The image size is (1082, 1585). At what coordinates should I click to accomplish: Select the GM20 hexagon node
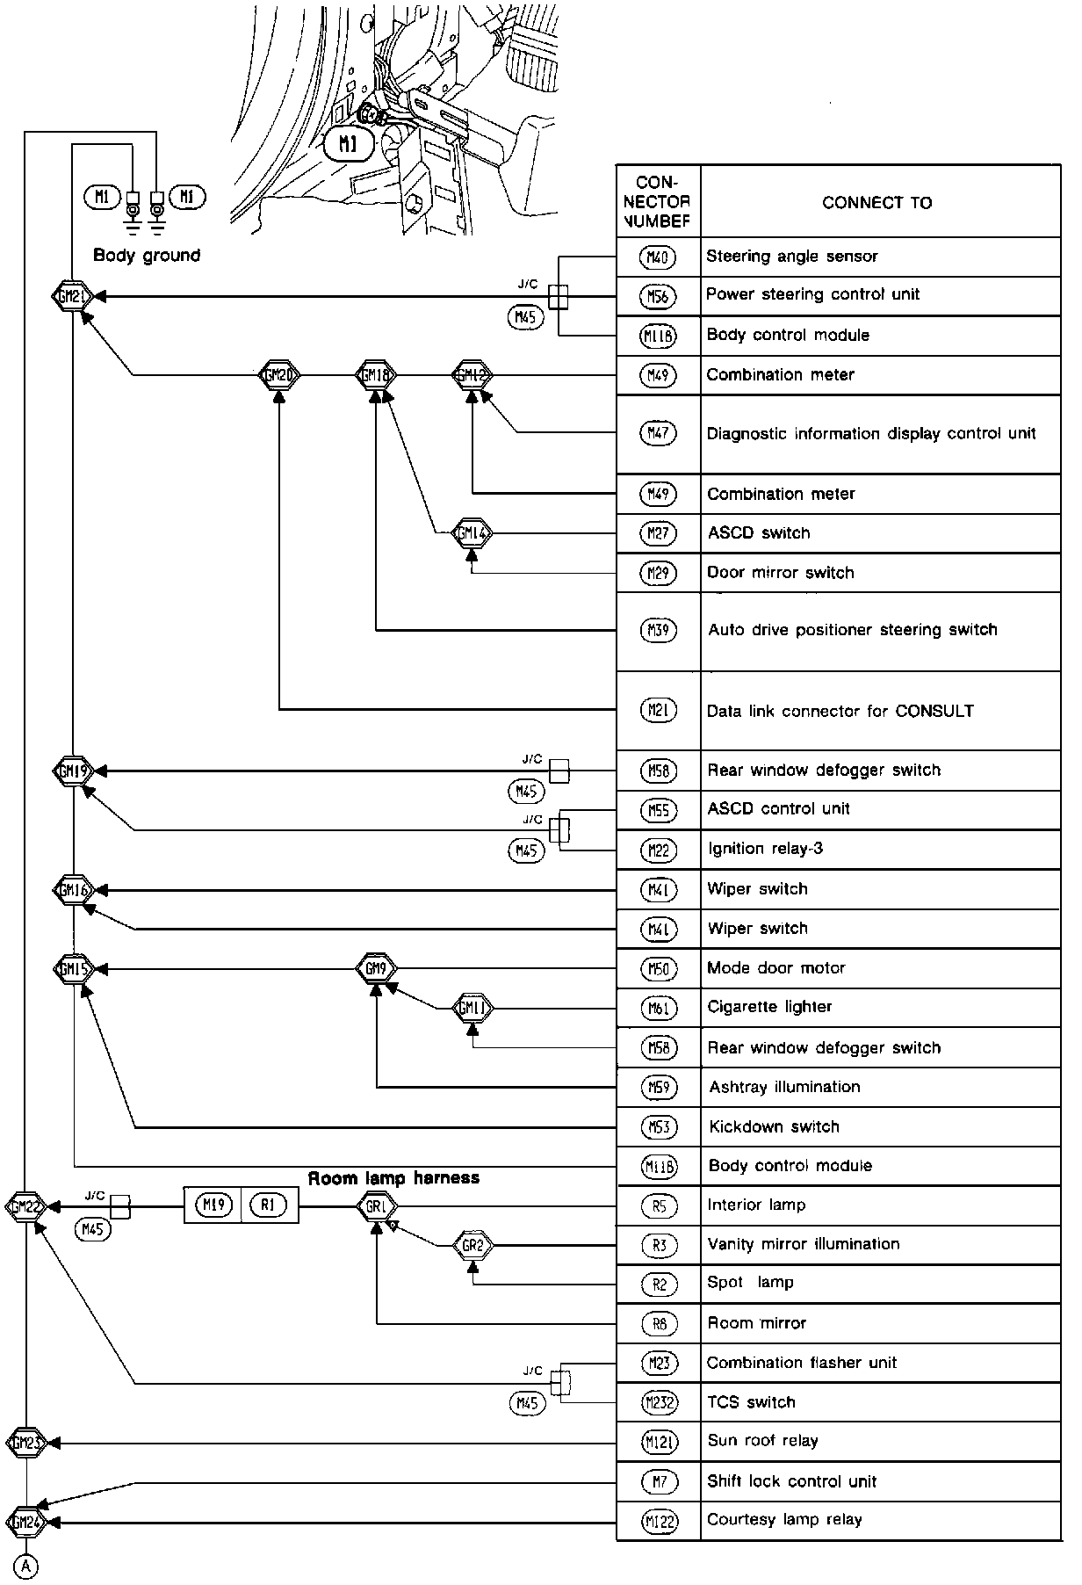pos(279,375)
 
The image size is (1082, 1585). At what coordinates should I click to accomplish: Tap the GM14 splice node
pos(472,532)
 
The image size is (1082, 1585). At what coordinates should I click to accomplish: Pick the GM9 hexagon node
pos(376,969)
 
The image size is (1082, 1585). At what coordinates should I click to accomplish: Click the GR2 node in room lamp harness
pos(472,1245)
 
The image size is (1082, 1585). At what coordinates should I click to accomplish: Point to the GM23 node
pos(25,1442)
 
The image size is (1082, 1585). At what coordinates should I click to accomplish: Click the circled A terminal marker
pos(26,1565)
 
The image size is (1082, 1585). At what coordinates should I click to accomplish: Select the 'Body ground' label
pos(147,256)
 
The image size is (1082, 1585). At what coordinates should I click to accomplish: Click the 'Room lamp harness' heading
pos(393,1177)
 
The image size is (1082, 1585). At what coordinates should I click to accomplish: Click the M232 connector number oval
pos(659,1403)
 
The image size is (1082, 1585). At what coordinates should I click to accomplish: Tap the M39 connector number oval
pos(658,631)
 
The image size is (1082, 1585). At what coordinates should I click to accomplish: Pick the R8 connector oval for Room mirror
pos(659,1324)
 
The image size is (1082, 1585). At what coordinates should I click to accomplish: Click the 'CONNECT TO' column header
pos(876,203)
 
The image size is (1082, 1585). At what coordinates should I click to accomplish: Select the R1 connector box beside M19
pos(269,1205)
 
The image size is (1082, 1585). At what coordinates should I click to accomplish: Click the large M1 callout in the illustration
pos(349,144)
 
